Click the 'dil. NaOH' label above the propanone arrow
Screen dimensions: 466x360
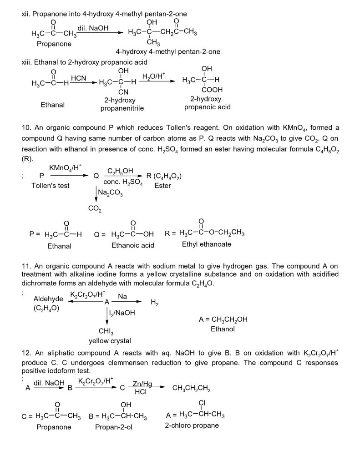tap(93, 28)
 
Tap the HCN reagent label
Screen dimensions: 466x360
tap(79, 79)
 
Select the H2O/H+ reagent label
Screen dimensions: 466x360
tap(152, 77)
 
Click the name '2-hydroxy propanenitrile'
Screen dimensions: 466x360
tap(122, 104)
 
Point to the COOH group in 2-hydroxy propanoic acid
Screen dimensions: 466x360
tap(206, 90)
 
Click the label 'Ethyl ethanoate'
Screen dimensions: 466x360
tap(206, 244)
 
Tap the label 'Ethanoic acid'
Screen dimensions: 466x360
tap(132, 245)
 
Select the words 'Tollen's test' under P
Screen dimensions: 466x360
tap(50, 186)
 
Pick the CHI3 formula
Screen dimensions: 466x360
tap(106, 331)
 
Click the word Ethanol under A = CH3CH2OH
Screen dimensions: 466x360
tap(223, 329)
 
